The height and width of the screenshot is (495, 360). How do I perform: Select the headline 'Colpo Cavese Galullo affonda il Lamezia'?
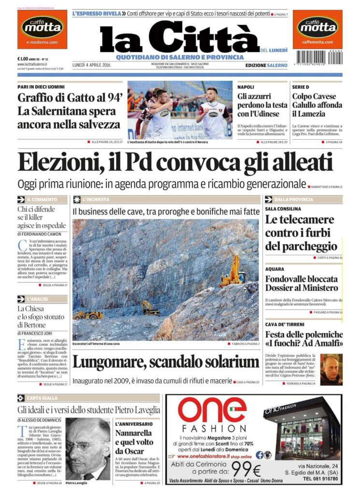click(x=317, y=105)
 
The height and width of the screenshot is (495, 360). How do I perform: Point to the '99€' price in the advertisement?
click(x=246, y=469)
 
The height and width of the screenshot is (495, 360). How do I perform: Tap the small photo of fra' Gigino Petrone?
click(x=331, y=368)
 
